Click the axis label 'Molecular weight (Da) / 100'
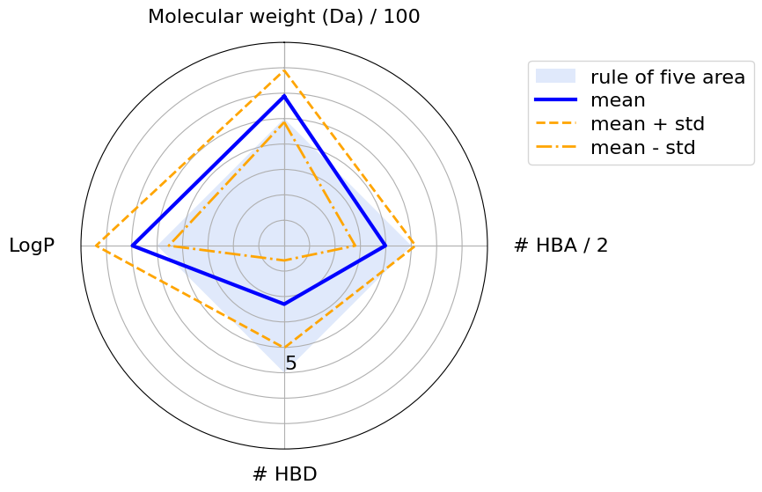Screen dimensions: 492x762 point(283,17)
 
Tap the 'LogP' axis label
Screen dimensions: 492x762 point(32,246)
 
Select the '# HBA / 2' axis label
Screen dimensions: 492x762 point(561,246)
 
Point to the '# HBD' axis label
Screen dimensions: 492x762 point(284,474)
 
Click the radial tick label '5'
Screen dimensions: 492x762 point(290,363)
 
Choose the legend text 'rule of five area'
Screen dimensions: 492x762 point(672,76)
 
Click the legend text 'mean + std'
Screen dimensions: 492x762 point(647,124)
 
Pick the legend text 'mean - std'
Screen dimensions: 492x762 point(642,148)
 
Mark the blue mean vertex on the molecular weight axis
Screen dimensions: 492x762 point(284,95)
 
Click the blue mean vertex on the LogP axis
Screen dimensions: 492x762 point(132,246)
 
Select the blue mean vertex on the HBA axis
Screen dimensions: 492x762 point(385,246)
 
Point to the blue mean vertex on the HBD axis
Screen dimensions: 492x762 point(284,305)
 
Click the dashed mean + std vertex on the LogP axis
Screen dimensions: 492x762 point(95,246)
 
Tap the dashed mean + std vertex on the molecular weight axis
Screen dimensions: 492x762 point(284,70)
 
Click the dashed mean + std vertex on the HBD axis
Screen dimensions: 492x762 point(284,348)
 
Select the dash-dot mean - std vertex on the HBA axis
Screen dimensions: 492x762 point(355,246)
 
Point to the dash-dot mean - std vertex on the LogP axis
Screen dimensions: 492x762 point(170,246)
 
